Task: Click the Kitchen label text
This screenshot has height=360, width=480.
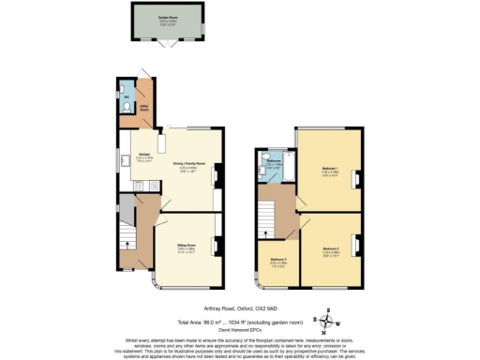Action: click(145, 156)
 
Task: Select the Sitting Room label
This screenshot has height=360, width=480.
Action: click(187, 249)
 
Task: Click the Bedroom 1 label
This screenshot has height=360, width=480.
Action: click(329, 172)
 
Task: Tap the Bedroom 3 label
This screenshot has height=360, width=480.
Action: click(277, 262)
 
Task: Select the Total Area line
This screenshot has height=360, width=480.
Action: click(241, 322)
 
